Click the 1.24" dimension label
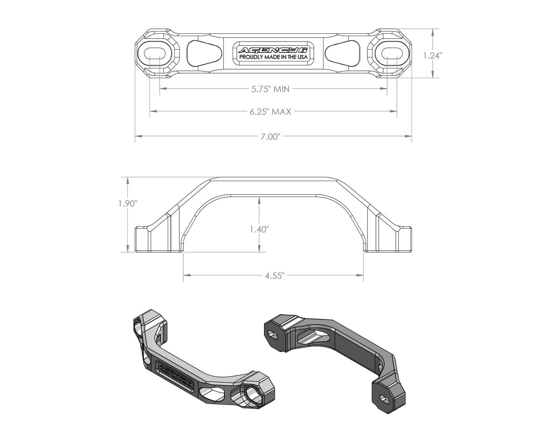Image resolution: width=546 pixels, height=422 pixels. (x=433, y=56)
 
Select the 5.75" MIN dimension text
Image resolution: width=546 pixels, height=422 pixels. (x=271, y=89)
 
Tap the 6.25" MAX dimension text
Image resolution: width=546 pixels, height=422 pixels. (x=271, y=112)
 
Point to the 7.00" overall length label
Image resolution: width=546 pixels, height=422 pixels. (x=271, y=136)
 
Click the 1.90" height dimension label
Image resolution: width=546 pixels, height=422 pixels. (x=128, y=204)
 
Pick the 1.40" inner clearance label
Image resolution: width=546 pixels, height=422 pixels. (x=259, y=229)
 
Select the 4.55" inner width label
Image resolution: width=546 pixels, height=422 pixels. (x=275, y=276)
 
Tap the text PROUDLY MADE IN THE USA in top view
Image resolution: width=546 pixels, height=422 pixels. (x=273, y=58)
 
